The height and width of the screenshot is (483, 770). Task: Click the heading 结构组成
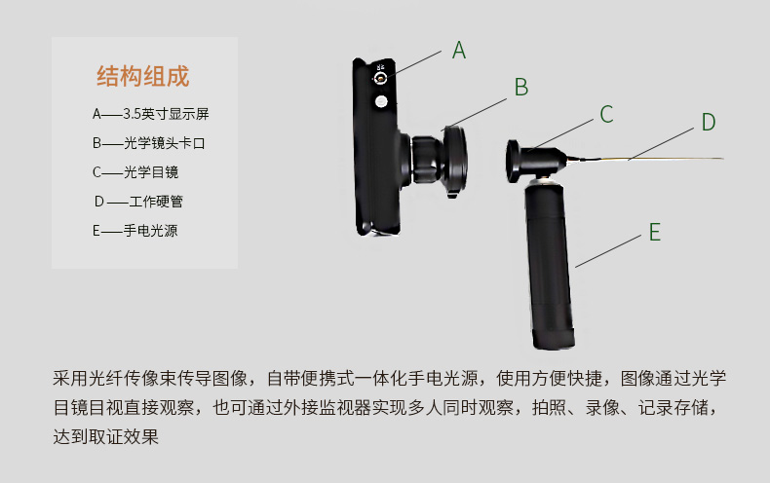[143, 76]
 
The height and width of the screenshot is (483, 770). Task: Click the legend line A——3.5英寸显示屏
[150, 114]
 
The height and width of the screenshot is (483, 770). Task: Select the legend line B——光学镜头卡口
[151, 143]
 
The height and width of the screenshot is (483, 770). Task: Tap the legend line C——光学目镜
[135, 172]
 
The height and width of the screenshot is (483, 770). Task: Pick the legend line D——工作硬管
[139, 202]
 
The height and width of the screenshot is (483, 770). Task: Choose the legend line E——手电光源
[135, 231]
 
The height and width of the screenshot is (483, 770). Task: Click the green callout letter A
[459, 51]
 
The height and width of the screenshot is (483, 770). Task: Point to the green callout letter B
[521, 88]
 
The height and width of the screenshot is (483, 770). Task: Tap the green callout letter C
[606, 115]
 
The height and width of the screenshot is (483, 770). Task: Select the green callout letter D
[709, 122]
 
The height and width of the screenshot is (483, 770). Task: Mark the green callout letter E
[655, 232]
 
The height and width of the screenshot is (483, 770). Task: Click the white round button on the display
[381, 101]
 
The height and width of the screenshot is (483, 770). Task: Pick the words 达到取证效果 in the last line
[106, 436]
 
